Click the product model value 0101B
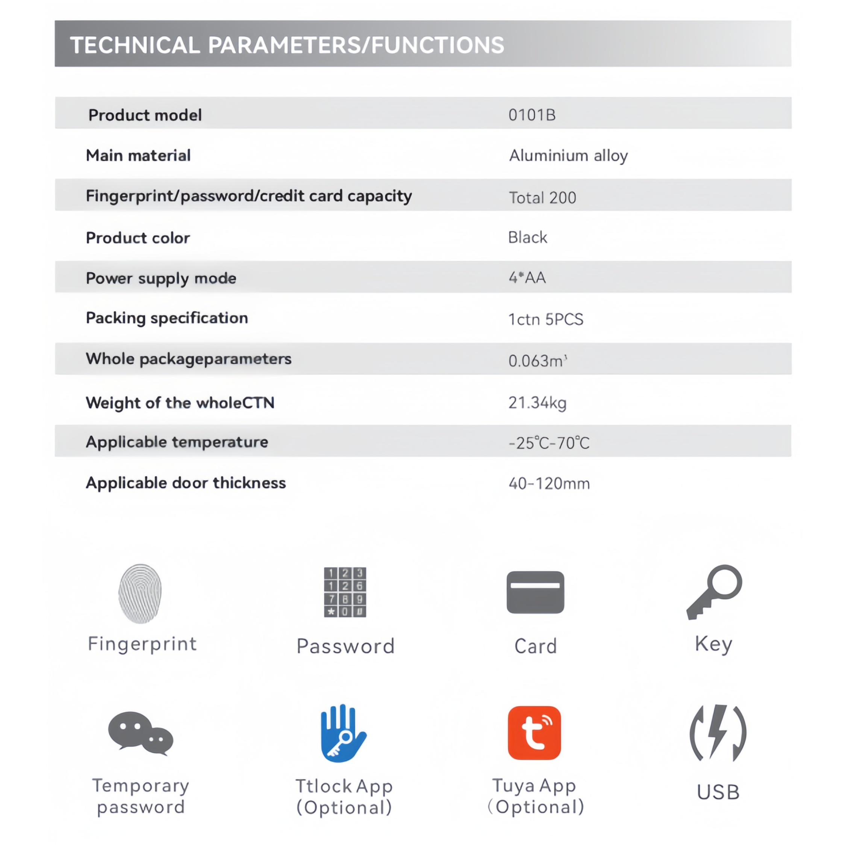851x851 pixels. [531, 115]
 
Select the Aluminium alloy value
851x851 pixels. [568, 156]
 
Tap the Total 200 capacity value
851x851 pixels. [542, 198]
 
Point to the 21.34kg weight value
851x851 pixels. [538, 403]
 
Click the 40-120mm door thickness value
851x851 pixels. [549, 484]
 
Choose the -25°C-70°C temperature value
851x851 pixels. [549, 443]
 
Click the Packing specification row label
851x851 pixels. [167, 318]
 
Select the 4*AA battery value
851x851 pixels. [527, 278]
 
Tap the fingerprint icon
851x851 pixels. [140, 593]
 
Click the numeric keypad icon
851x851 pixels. [345, 592]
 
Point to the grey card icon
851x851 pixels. [535, 592]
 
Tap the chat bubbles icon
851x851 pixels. [141, 733]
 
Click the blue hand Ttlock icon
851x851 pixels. [343, 733]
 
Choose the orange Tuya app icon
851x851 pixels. [534, 733]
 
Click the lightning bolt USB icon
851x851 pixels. [718, 733]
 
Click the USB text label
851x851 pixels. [718, 792]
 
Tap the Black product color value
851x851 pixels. [527, 238]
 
